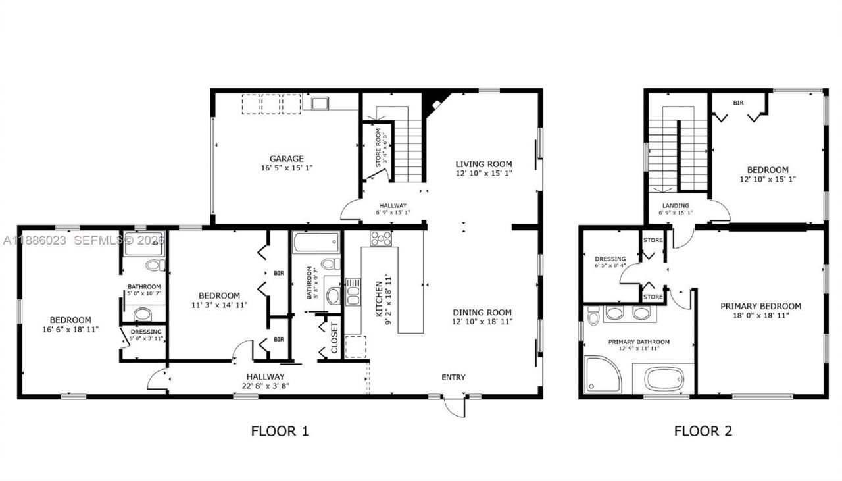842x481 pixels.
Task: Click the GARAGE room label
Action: coord(286,158)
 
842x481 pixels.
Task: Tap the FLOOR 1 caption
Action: coord(280,432)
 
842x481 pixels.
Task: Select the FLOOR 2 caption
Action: coord(703,432)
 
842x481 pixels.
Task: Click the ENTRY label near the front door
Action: coord(453,377)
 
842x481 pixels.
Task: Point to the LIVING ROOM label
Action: coord(483,164)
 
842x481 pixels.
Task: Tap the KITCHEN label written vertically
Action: coord(380,299)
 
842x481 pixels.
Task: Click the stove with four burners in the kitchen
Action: coord(381,238)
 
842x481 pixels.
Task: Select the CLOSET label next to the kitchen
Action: coord(334,338)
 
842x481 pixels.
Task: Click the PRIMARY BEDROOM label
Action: coord(760,306)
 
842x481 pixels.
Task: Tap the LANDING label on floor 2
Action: coord(675,205)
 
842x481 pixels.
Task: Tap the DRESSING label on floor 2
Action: coord(610,259)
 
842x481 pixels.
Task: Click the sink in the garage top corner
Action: coord(320,103)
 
